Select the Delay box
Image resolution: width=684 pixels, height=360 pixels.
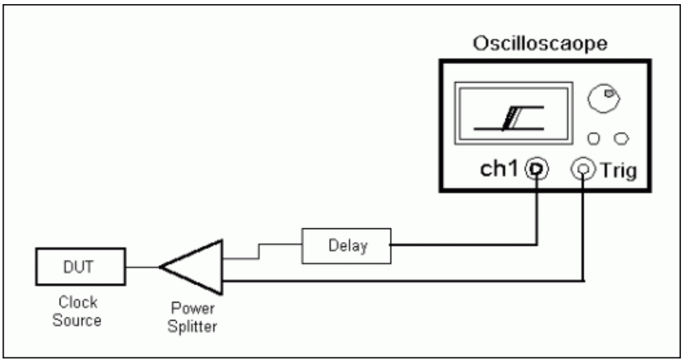[x=345, y=245]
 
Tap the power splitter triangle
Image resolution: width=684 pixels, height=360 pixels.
[x=197, y=267]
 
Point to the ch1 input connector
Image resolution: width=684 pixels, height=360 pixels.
[x=537, y=168]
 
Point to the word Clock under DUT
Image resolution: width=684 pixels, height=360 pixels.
[x=81, y=301]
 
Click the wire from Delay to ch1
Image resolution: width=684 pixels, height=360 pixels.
[x=465, y=245]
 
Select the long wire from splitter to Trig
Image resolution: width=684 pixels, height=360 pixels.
[x=403, y=280]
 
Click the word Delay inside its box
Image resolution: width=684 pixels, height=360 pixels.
[x=345, y=245]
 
